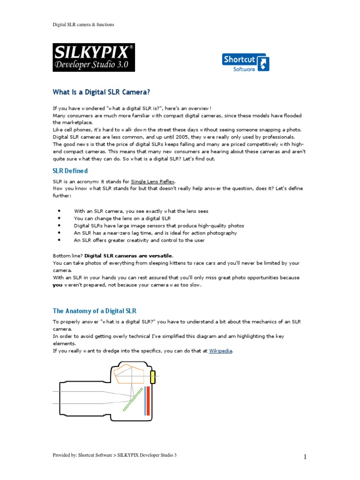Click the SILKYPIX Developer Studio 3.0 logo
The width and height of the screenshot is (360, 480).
tap(93, 57)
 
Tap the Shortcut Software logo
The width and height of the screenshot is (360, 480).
tap(245, 62)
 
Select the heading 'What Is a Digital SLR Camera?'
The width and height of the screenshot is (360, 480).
tap(101, 91)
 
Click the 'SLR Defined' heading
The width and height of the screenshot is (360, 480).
tap(70, 171)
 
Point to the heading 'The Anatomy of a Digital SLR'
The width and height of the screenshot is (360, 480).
tap(94, 311)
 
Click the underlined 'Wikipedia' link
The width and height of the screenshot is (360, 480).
tap(220, 351)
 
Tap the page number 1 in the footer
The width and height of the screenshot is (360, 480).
tap(305, 457)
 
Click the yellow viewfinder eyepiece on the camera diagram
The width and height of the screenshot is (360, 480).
tap(153, 376)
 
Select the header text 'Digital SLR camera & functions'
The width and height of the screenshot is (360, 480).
tap(83, 24)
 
